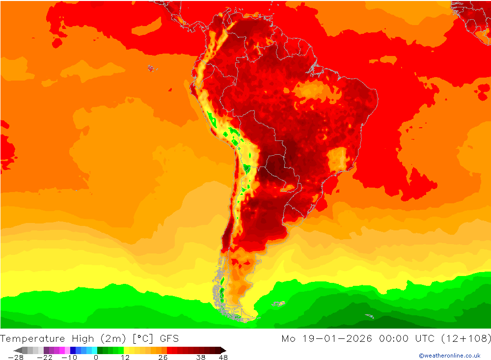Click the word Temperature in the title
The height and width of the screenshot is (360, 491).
(33, 338)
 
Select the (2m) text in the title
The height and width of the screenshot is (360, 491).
(112, 338)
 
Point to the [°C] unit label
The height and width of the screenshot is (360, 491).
(142, 338)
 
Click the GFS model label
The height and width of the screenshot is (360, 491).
(168, 338)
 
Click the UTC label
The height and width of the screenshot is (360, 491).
(424, 338)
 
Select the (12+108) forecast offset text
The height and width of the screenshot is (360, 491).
(466, 338)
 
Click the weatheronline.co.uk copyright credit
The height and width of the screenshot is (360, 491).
(449, 356)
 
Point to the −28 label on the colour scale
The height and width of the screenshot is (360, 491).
(16, 358)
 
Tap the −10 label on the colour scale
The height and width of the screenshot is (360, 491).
(69, 358)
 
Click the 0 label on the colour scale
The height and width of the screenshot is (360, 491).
(96, 358)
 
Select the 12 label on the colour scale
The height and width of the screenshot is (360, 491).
(125, 358)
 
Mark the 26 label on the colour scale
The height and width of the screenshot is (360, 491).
(163, 358)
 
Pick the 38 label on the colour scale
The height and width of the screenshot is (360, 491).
(200, 358)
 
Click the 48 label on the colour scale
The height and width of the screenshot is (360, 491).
(223, 358)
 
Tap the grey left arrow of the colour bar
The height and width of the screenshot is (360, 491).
(18, 350)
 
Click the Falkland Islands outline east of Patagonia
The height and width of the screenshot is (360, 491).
(279, 304)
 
